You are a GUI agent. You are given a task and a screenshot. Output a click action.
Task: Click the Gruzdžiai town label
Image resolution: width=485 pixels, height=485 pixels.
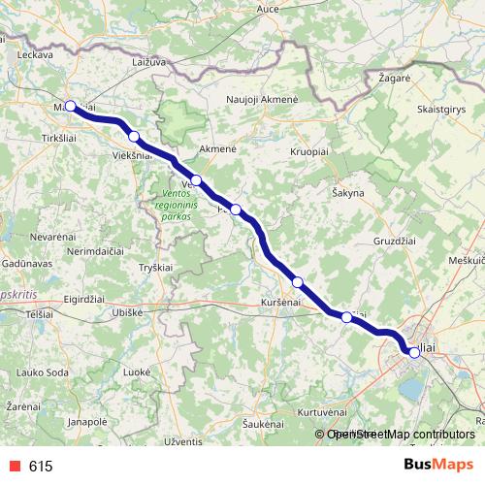pyautogui.click(x=395, y=240)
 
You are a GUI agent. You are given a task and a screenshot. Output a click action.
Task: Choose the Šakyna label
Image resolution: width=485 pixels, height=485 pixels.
pyautogui.click(x=347, y=193)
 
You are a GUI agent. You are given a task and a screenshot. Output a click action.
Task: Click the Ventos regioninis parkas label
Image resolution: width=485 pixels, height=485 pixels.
pyautogui.click(x=175, y=205)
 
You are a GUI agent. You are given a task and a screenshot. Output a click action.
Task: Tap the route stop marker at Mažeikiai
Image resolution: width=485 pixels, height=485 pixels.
pyautogui.click(x=70, y=106)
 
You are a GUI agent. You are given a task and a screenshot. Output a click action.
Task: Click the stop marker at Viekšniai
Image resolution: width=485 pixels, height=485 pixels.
pyautogui.click(x=134, y=137)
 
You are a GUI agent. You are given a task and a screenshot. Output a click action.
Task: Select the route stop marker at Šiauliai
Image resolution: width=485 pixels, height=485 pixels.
pyautogui.click(x=414, y=352)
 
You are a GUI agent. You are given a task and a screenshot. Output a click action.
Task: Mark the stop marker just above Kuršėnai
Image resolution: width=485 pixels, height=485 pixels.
pyautogui.click(x=298, y=281)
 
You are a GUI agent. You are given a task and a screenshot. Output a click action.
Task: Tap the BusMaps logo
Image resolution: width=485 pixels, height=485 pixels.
pyautogui.click(x=438, y=465)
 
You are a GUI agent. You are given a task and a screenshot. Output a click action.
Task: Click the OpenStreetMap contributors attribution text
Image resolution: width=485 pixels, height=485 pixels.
pyautogui.click(x=400, y=435)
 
